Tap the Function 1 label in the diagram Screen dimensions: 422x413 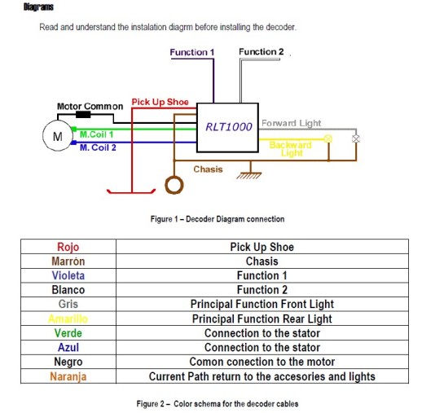(x=192, y=52)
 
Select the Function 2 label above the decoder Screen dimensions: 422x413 (x=262, y=51)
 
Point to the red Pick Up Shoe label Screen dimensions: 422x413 (x=160, y=102)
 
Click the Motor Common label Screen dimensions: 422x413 (x=90, y=106)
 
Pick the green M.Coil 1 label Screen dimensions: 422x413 (x=96, y=134)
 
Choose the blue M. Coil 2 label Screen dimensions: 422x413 (x=98, y=147)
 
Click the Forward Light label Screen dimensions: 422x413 (x=291, y=123)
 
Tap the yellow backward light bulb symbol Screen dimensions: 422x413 (x=328, y=138)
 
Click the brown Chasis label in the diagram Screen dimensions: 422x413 (x=208, y=169)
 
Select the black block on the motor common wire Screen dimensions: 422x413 (x=83, y=114)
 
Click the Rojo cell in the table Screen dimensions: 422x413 (x=68, y=247)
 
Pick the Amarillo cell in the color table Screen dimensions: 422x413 (x=68, y=319)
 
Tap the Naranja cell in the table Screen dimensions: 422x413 (x=68, y=376)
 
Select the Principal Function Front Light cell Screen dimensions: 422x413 (x=262, y=304)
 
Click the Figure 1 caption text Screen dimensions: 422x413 (x=218, y=219)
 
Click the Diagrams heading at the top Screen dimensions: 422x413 (x=38, y=7)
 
